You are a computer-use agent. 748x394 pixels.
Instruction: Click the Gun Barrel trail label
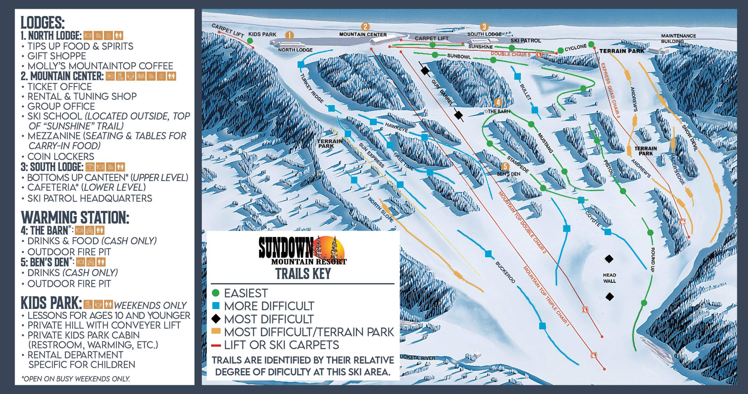pyautogui.click(x=442, y=92)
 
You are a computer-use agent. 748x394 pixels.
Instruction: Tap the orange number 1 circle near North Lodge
pyautogui.click(x=289, y=35)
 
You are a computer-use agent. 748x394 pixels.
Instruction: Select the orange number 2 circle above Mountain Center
pyautogui.click(x=365, y=27)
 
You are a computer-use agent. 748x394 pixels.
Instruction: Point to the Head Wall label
pyautogui.click(x=609, y=278)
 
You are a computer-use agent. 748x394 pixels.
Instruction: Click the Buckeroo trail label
pyautogui.click(x=505, y=272)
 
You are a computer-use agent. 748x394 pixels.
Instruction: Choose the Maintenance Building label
pyautogui.click(x=678, y=38)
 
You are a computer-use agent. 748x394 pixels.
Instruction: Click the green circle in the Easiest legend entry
pyautogui.click(x=215, y=293)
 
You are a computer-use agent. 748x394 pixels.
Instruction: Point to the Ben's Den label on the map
pyautogui.click(x=508, y=174)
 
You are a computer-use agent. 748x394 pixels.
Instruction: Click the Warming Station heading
pyautogui.click(x=75, y=217)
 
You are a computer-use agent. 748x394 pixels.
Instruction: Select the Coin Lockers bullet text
pyautogui.click(x=60, y=156)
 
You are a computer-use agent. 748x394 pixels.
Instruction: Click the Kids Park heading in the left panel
pyautogui.click(x=51, y=303)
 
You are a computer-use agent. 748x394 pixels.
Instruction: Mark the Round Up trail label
pyautogui.click(x=653, y=260)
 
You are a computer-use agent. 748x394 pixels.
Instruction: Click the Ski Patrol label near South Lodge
pyautogui.click(x=526, y=40)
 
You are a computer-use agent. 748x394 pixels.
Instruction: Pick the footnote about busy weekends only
pyautogui.click(x=76, y=379)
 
